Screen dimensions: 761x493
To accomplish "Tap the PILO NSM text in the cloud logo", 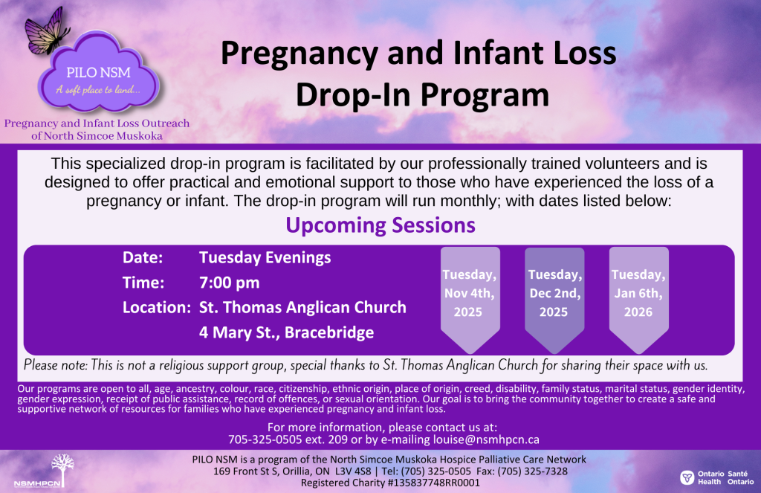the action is [x=99, y=73].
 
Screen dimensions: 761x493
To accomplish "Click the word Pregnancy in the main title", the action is [x=299, y=54].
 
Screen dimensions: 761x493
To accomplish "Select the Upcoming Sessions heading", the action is [x=380, y=225].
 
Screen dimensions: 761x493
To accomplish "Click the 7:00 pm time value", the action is [x=230, y=283].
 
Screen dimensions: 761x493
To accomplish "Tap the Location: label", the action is [x=156, y=307].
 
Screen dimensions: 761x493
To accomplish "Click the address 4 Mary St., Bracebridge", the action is [x=286, y=332].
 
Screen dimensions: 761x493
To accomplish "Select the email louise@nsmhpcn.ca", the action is [x=486, y=439].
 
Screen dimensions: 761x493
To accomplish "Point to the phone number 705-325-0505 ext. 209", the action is [x=288, y=439].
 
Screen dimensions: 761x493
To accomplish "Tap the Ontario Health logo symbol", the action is [x=687, y=477].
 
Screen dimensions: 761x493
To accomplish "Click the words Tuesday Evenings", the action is [x=265, y=258].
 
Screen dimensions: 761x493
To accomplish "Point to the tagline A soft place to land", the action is [x=99, y=90].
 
